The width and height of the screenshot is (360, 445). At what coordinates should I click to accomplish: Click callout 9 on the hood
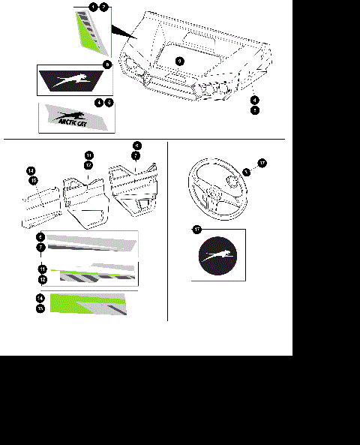(x=178, y=59)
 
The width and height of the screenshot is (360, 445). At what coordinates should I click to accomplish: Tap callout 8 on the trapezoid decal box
(x=108, y=66)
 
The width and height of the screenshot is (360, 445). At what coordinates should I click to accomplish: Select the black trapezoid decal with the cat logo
(x=73, y=80)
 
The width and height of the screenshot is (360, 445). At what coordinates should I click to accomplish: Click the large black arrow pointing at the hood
(x=124, y=32)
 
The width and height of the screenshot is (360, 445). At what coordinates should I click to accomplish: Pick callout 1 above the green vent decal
(x=93, y=6)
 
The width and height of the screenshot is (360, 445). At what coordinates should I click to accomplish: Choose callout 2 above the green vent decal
(x=103, y=6)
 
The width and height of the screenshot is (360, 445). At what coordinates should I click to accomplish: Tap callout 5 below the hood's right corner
(x=255, y=110)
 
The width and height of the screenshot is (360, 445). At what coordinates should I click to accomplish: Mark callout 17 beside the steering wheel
(x=261, y=163)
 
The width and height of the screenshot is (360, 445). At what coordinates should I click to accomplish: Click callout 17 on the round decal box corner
(x=196, y=229)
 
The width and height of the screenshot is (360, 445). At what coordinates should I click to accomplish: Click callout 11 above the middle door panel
(x=88, y=155)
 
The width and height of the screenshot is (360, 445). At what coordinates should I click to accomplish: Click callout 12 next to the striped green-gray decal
(x=42, y=278)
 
